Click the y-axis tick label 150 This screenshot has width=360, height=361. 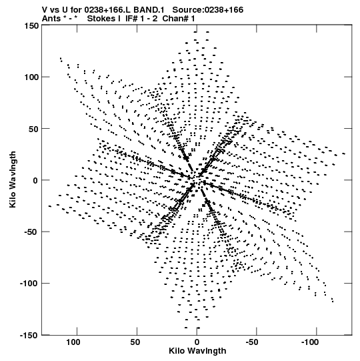pyautogui.click(x=31, y=25)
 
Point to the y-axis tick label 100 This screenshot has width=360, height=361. pyautogui.click(x=31, y=77)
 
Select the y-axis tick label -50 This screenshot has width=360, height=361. pyautogui.click(x=31, y=232)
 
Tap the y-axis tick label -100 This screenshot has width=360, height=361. pyautogui.click(x=29, y=284)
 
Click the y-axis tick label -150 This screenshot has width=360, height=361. pyautogui.click(x=29, y=335)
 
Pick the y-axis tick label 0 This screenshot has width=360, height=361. pyautogui.click(x=35, y=180)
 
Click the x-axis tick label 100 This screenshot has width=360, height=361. pyautogui.click(x=73, y=342)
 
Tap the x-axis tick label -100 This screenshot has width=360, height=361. pyautogui.click(x=309, y=342)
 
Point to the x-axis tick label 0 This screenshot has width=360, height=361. pyautogui.click(x=197, y=342)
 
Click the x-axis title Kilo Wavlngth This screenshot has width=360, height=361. pyautogui.click(x=197, y=351)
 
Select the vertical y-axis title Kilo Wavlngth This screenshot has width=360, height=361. pyautogui.click(x=13, y=179)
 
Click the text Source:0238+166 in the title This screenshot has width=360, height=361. pyautogui.click(x=208, y=10)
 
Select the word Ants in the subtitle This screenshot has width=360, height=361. pyautogui.click(x=52, y=18)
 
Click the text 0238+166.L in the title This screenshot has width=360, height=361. pyautogui.click(x=107, y=10)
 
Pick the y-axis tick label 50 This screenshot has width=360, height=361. pyautogui.click(x=33, y=129)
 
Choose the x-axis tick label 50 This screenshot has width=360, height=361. pyautogui.click(x=135, y=342)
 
